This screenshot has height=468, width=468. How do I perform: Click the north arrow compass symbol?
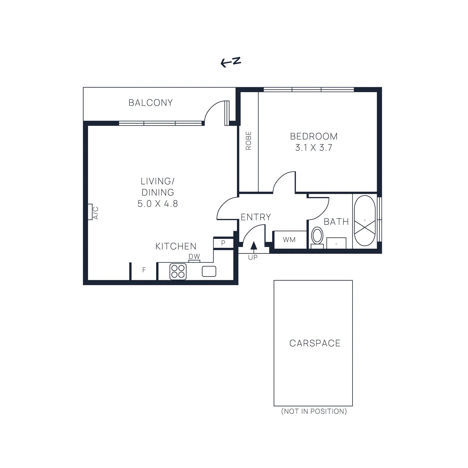click(230, 62)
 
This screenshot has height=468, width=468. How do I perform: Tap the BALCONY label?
click(151, 103)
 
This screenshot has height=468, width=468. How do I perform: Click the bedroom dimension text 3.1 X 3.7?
click(314, 148)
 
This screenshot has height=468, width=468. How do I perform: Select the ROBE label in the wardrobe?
click(248, 141)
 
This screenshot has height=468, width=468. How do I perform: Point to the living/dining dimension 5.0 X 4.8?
click(158, 204)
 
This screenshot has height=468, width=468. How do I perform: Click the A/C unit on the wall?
click(90, 212)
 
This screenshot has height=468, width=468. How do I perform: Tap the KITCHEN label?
click(176, 246)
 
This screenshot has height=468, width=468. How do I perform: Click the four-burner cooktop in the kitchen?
click(178, 271)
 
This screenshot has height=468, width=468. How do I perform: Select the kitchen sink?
click(209, 271)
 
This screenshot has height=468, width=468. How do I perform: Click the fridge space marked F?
click(144, 270)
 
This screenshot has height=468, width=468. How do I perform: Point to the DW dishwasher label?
click(194, 257)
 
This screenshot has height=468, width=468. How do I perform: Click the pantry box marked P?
click(223, 243)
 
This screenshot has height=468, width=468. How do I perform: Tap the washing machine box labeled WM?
click(289, 240)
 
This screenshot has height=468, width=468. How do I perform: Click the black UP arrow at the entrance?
click(254, 246)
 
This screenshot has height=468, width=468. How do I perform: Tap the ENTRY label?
click(256, 217)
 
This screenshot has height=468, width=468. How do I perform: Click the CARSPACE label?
click(315, 343)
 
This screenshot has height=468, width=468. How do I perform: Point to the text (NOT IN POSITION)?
click(314, 411)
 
